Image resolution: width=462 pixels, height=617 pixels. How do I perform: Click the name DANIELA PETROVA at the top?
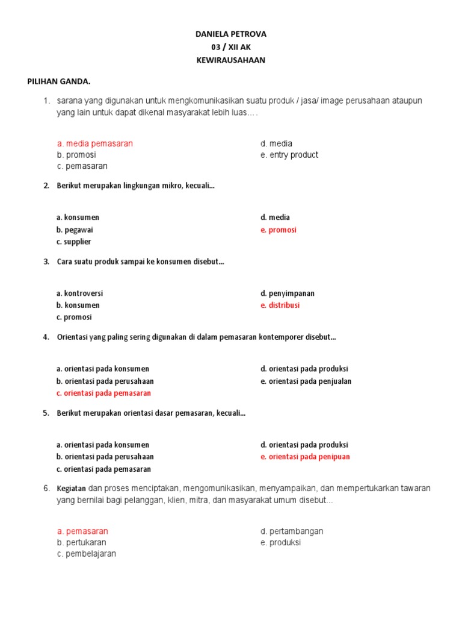[x=231, y=34]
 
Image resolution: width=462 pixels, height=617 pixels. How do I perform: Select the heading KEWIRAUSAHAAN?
[x=231, y=60]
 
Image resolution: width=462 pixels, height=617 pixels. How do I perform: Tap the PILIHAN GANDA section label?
[x=59, y=81]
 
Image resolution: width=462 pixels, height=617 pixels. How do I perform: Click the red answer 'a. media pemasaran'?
[x=95, y=143]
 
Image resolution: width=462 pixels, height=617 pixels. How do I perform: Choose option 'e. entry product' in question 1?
[x=289, y=155]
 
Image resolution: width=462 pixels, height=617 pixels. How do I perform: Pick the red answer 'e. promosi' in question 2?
[x=279, y=230]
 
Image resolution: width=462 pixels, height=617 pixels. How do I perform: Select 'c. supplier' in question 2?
[x=74, y=242]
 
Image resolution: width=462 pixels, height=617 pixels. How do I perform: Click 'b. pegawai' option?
[x=75, y=230]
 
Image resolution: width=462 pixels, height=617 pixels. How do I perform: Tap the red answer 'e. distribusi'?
[x=280, y=305]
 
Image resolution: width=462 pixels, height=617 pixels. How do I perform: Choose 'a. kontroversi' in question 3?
[x=80, y=293]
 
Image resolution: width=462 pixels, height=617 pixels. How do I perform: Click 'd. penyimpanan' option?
[x=288, y=293]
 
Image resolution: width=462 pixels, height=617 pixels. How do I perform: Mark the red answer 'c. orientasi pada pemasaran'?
[x=103, y=393]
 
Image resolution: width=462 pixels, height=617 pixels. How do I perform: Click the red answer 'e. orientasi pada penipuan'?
[x=305, y=457]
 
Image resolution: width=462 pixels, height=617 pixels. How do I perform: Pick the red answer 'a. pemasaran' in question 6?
[x=82, y=531]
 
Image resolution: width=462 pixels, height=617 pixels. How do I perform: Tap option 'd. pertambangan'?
[x=292, y=531]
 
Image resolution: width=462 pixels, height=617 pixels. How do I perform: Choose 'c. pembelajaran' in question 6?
[x=87, y=554]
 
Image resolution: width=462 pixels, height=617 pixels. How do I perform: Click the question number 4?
[x=46, y=337]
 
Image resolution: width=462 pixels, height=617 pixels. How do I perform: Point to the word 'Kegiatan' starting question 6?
[x=72, y=488]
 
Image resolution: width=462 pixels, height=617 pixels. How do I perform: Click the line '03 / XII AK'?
[x=231, y=48]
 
